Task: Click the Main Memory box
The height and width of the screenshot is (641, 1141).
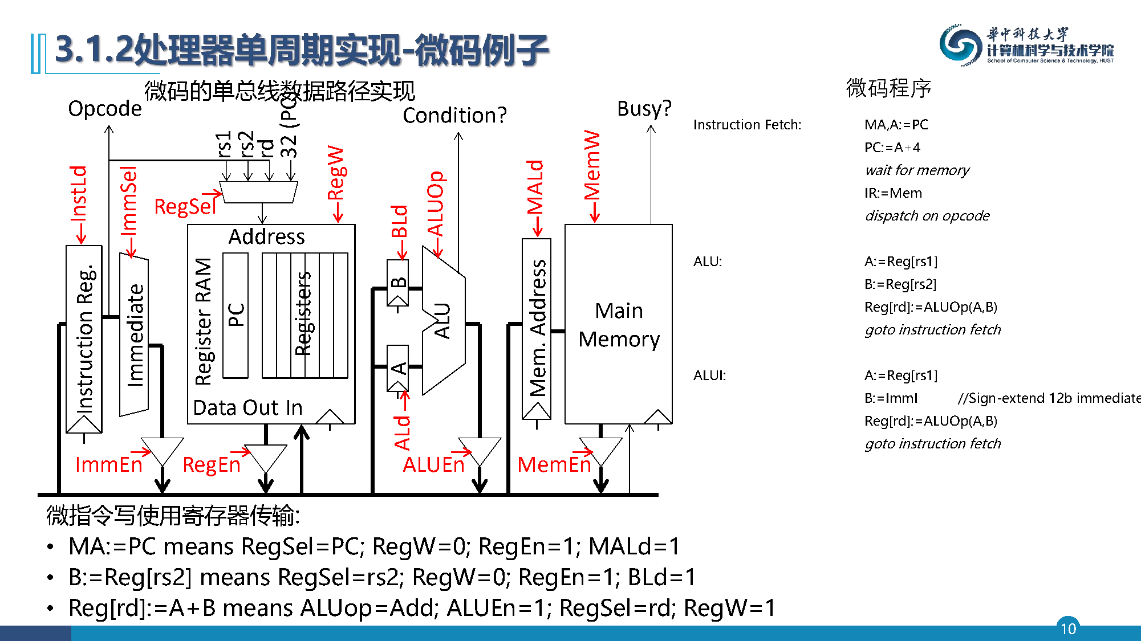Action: point(618,324)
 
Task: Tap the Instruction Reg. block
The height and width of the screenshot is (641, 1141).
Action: point(84,338)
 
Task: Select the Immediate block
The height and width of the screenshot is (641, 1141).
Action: point(134,336)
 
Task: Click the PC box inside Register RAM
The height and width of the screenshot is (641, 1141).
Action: point(235,315)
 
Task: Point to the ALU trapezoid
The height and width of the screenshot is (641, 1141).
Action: point(443,321)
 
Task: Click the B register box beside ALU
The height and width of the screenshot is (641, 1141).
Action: point(398,281)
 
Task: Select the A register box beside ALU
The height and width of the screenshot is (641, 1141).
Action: point(398,368)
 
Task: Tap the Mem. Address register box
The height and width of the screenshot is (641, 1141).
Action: point(537,328)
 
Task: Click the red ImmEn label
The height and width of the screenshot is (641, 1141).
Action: point(108,464)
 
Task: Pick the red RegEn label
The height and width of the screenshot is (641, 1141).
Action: point(211,464)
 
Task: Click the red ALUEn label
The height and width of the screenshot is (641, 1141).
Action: point(433,464)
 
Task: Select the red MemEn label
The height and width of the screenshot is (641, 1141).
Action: point(554,464)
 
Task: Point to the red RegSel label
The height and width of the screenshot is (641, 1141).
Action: point(185,206)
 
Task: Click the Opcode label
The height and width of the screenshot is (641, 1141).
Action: point(105,108)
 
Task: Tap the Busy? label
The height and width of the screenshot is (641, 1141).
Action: point(644,108)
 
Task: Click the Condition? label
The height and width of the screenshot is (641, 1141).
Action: point(454,115)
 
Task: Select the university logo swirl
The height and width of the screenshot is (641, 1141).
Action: point(961,45)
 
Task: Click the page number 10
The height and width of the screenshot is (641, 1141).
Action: point(1068,628)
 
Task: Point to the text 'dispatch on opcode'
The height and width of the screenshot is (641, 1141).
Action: point(927,216)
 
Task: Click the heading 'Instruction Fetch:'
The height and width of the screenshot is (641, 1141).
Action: point(747,125)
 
